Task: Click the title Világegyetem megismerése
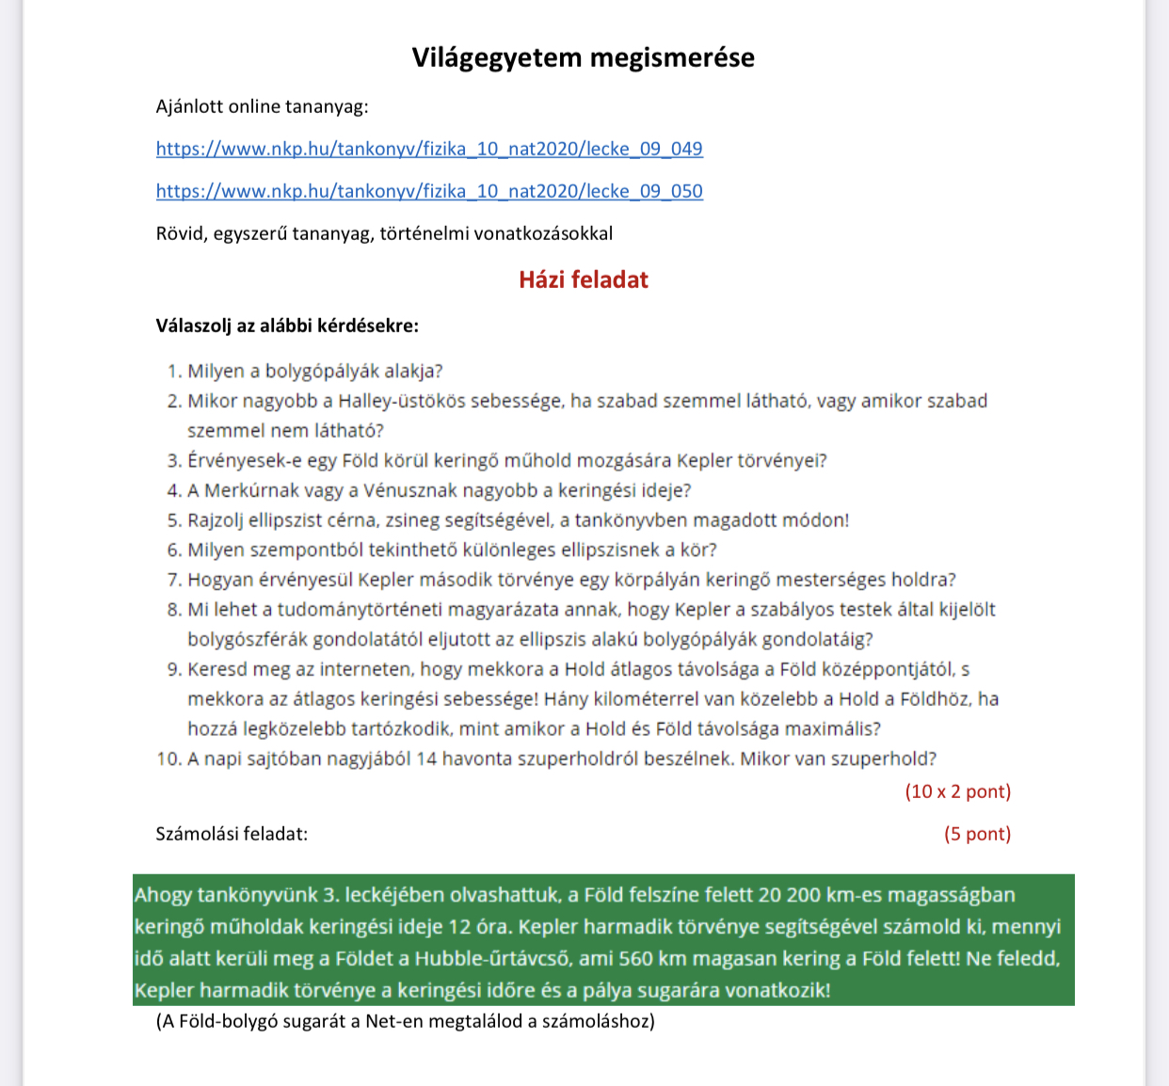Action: (x=583, y=57)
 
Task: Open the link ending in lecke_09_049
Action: (x=429, y=149)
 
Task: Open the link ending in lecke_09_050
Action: (x=429, y=191)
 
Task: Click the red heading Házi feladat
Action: (x=584, y=279)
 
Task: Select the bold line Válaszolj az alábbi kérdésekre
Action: (x=287, y=326)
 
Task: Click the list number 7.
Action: (x=173, y=580)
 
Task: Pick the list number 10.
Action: (x=168, y=759)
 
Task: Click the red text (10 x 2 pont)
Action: (x=957, y=791)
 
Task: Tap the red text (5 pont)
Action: (x=977, y=834)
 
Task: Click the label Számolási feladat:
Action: (x=232, y=834)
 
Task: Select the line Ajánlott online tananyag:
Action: (x=263, y=106)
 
